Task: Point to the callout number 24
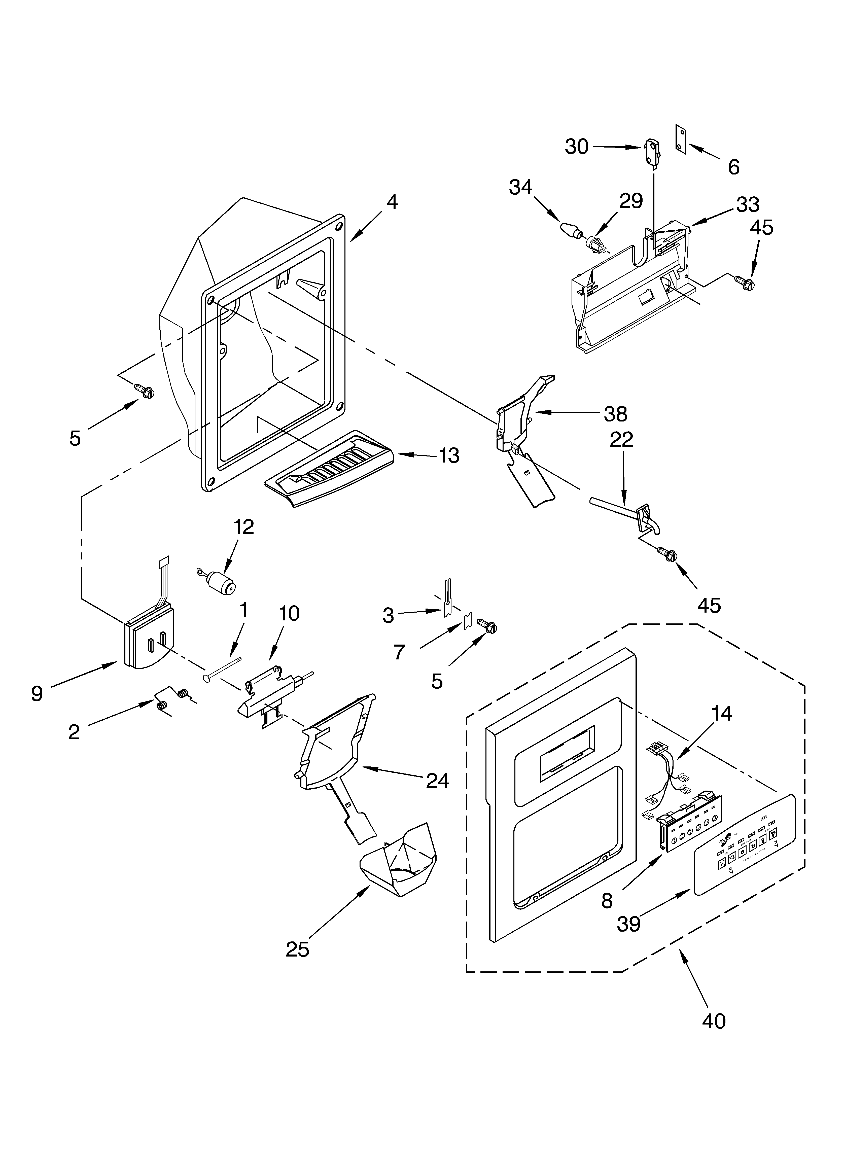(437, 781)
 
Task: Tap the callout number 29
(631, 201)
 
